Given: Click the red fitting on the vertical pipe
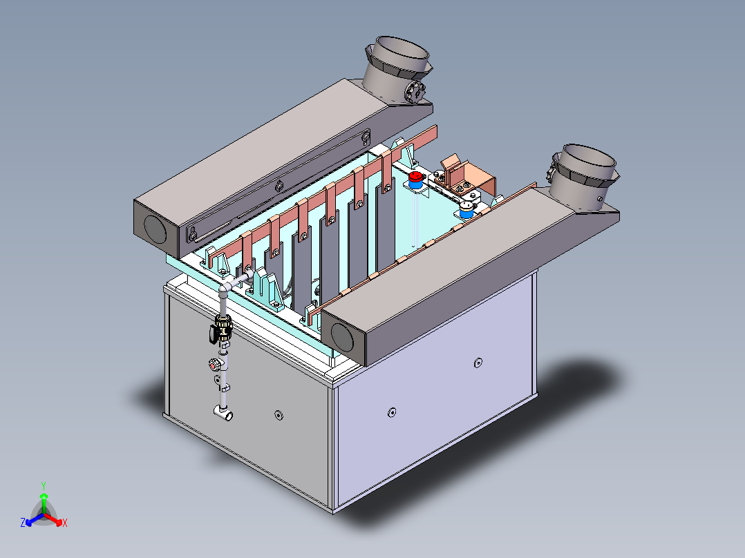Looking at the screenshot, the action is pos(214,365).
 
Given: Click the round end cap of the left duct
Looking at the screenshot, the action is pos(155,231).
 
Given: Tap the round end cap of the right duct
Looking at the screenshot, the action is pos(342,336).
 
